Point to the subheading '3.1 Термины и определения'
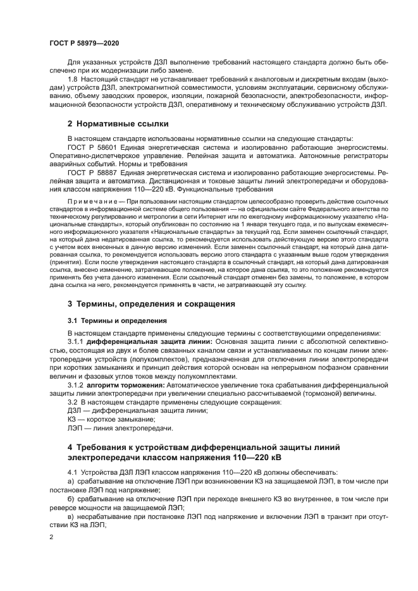tap(117, 320)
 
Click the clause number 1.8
tap(72, 78)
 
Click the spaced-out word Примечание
tap(92, 200)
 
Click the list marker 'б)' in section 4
tap(70, 499)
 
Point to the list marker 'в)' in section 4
tap(70, 516)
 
